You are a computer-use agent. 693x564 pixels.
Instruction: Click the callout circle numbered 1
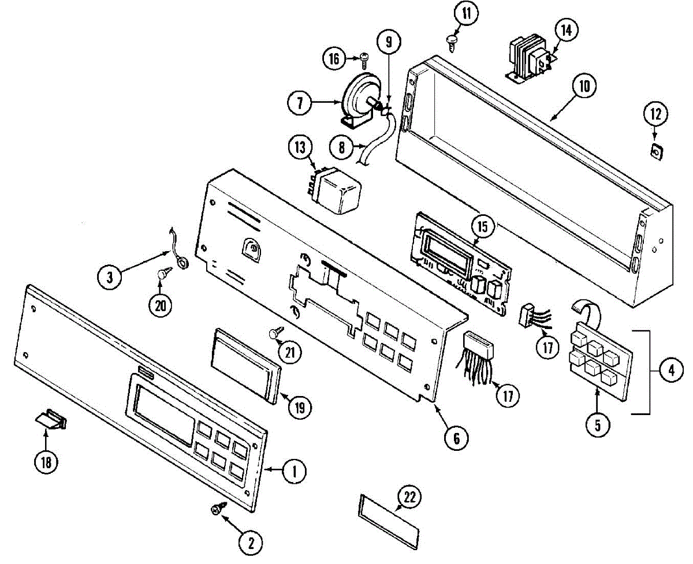(x=294, y=472)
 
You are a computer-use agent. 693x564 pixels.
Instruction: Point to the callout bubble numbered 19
(x=300, y=407)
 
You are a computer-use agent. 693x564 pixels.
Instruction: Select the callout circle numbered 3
(x=109, y=278)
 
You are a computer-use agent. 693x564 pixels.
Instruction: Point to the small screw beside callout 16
(x=364, y=57)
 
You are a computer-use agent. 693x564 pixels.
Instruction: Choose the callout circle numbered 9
(x=389, y=42)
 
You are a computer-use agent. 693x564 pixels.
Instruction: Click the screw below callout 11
(x=452, y=39)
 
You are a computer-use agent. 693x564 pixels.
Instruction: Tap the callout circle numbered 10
(x=584, y=87)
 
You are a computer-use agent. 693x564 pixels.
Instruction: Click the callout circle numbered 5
(x=597, y=425)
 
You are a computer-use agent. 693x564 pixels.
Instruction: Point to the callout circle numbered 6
(x=456, y=439)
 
